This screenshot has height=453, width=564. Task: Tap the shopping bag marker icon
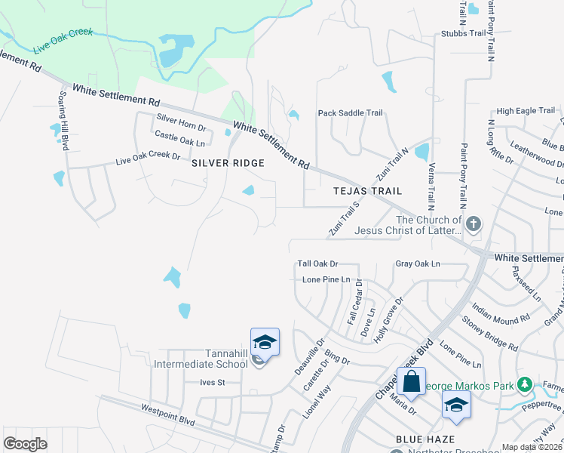coord(412,383)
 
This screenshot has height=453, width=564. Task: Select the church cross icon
coord(473,223)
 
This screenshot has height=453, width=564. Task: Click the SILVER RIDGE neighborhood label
coord(228,163)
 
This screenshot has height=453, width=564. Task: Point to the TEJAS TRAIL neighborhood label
coord(368,192)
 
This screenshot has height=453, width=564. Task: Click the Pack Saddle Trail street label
coord(350,113)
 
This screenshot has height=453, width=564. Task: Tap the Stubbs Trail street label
coord(463,34)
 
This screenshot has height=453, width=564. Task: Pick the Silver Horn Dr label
coord(181,119)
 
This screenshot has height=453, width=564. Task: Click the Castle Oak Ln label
coord(179,138)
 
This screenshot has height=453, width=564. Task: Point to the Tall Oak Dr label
coord(317,263)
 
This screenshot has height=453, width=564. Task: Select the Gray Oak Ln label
coord(418,263)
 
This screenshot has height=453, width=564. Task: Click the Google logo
coord(25,444)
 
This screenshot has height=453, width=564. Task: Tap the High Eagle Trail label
coord(526,111)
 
